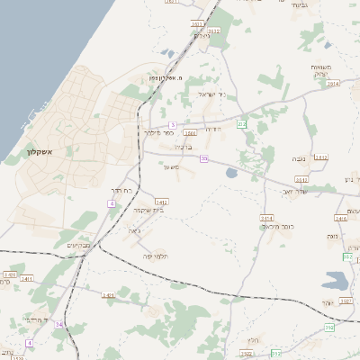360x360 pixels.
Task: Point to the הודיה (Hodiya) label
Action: [214, 128]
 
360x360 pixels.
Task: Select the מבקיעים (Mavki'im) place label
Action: [79, 245]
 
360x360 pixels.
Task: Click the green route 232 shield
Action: [241, 123]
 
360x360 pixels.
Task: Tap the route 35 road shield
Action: [204, 159]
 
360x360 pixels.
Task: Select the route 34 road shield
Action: [59, 323]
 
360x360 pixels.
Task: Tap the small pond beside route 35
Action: [231, 172]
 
